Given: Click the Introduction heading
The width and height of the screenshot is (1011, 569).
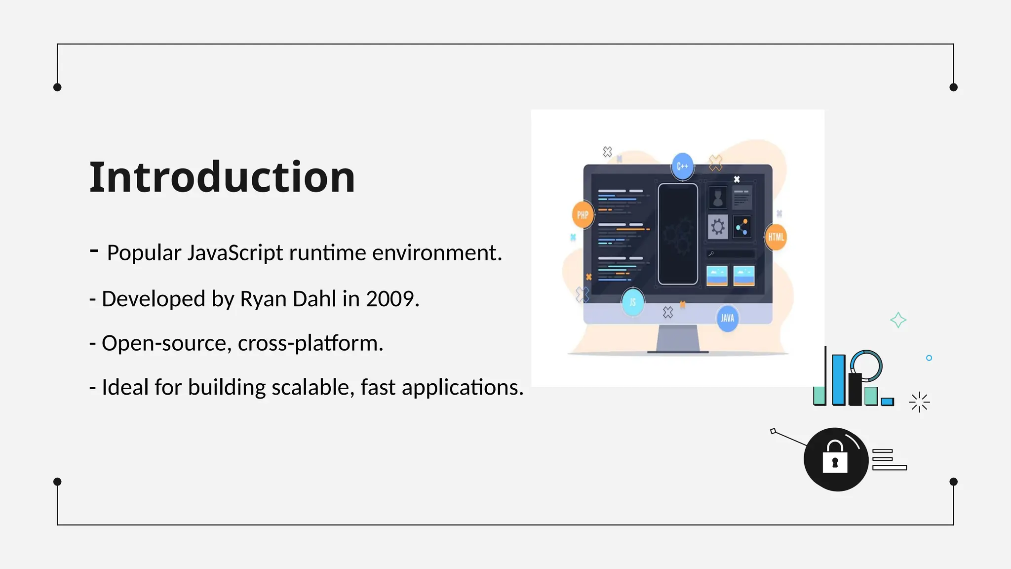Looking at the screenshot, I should pos(222,177).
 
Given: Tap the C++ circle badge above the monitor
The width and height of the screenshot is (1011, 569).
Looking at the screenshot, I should pos(682,166).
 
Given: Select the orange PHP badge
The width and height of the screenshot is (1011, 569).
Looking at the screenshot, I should pos(583,215).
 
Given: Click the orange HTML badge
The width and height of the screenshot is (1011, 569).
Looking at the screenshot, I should pos(776,237).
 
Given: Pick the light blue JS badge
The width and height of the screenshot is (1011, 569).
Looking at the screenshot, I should pos(633,302).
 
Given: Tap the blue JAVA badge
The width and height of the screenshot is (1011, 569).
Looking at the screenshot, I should pos(727,318).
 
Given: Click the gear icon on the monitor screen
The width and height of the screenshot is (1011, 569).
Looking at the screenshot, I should pos(718,227).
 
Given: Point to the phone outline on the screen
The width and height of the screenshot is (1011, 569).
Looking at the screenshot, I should pos(678,234).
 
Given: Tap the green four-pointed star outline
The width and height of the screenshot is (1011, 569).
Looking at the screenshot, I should pos(898,320).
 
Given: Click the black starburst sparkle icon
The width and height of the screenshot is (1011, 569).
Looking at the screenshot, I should pos(919,402).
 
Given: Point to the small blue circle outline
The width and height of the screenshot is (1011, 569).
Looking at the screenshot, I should pos(929,358).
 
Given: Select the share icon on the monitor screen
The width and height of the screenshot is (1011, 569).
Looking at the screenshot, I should pos(742,227).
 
